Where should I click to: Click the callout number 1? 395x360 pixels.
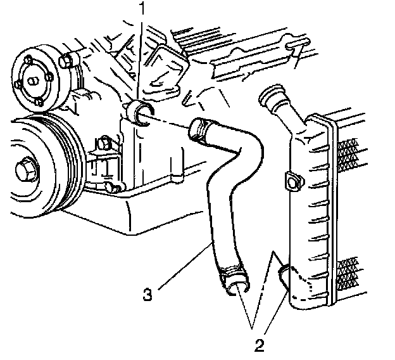pyautogui.click(x=143, y=10)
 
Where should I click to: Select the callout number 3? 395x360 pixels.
pyautogui.click(x=147, y=294)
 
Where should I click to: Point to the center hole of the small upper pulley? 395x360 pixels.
pyautogui.click(x=30, y=82)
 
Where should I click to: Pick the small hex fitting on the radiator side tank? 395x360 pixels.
pyautogui.click(x=292, y=181)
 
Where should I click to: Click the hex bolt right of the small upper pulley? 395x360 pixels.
pyautogui.click(x=66, y=61)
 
